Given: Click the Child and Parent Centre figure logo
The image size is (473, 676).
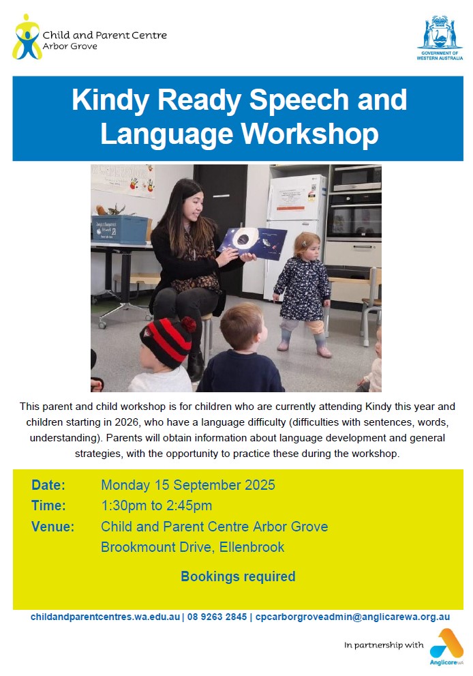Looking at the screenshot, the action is [x=27, y=37].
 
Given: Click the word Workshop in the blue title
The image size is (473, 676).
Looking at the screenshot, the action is [x=309, y=134].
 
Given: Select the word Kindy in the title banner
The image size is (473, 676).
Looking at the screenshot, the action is [x=110, y=100].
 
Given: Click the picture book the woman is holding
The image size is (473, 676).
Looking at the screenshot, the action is [x=253, y=244].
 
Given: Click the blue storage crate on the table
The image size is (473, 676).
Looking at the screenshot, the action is [x=120, y=229].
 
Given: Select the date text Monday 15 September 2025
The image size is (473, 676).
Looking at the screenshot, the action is [x=188, y=485].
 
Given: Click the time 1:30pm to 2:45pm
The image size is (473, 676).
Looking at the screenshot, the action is [x=156, y=505].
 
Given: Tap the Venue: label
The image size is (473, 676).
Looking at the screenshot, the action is [x=52, y=527].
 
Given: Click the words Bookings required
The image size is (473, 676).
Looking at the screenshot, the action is [x=238, y=576].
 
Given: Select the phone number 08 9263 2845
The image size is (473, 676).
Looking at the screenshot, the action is [x=217, y=617].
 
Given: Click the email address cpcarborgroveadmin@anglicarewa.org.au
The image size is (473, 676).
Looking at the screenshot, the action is [x=352, y=617].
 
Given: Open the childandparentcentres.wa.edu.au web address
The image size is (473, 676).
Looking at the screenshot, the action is [x=105, y=617].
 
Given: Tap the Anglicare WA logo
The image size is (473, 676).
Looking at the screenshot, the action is [x=446, y=647].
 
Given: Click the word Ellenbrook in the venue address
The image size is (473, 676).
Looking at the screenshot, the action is [x=251, y=547].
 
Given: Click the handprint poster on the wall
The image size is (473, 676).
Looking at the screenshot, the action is [x=123, y=180].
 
